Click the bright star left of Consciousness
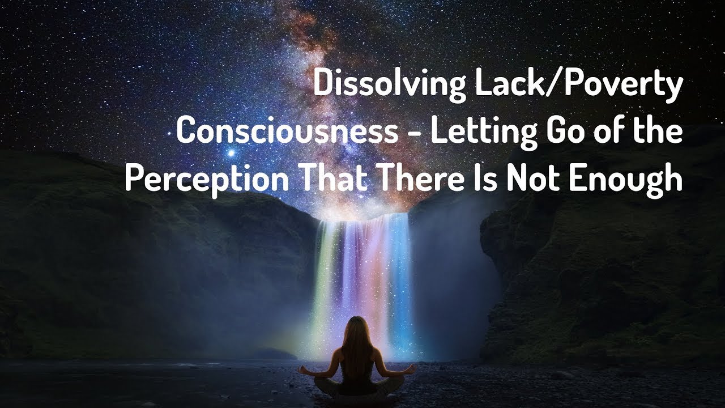[231, 152]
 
